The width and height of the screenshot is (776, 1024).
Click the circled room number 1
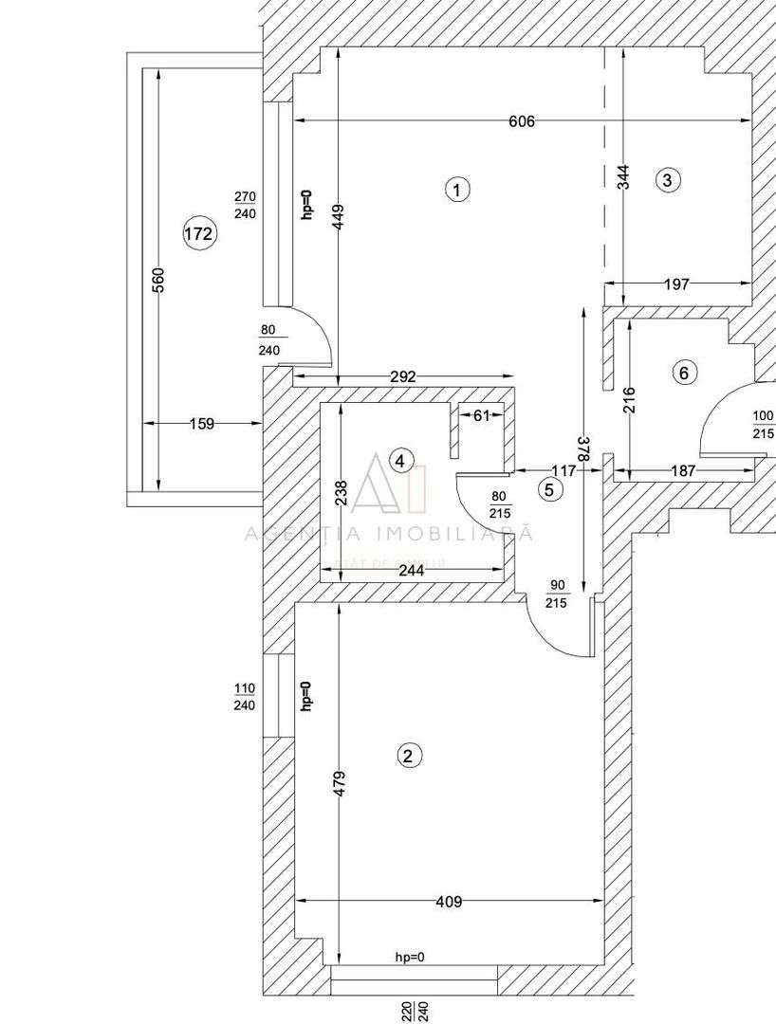(x=457, y=190)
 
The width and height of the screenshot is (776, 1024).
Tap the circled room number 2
(x=408, y=756)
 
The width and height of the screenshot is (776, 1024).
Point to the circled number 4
(x=402, y=461)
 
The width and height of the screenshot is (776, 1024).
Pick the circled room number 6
(x=683, y=373)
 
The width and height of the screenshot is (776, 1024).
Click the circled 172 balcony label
(x=199, y=232)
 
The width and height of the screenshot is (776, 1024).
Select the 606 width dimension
(x=522, y=121)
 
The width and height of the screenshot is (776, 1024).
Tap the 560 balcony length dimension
(x=158, y=280)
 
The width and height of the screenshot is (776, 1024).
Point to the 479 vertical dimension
(x=340, y=782)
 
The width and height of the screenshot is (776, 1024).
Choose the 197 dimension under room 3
(x=676, y=283)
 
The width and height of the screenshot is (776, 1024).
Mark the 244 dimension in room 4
(x=411, y=570)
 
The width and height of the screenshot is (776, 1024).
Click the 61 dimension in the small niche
(x=482, y=414)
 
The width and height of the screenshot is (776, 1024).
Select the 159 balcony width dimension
(x=201, y=424)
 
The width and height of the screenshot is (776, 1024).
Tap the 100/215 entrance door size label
(x=763, y=425)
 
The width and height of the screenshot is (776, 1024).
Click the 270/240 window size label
(x=245, y=205)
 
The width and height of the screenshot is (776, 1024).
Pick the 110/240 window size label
(x=244, y=696)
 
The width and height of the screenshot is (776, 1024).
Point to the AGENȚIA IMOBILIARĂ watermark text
(x=389, y=534)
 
